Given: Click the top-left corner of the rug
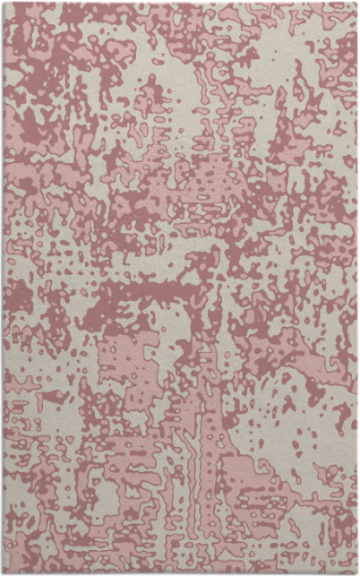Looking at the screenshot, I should (3, 3).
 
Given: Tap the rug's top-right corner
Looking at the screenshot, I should (356, 3).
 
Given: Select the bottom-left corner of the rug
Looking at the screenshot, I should (3, 573).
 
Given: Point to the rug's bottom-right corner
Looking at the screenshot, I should (356, 573).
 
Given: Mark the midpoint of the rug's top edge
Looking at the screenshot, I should (180, 3).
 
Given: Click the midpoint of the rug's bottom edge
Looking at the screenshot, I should (180, 573).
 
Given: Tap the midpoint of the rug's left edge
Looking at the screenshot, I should (3, 288).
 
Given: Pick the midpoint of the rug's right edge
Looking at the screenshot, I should (356, 288).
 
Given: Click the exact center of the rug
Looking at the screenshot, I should (180, 288).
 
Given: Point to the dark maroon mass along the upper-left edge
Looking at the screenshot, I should (22, 116).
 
